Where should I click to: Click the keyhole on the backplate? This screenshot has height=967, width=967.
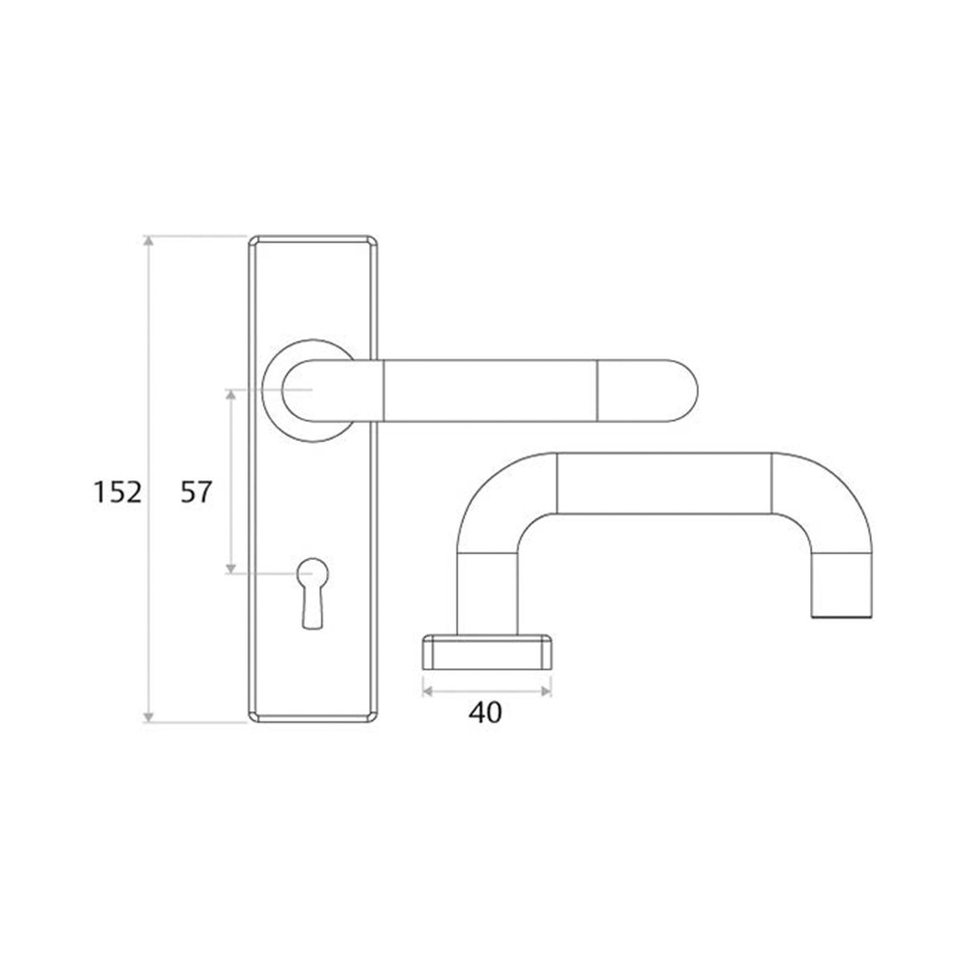click(313, 592)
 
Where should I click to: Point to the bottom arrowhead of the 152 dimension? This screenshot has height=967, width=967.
click(148, 717)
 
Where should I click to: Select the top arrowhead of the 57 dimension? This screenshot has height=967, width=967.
click(230, 394)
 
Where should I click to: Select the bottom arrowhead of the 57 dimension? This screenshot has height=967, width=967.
click(230, 567)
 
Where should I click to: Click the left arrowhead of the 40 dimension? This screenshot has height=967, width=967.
click(428, 691)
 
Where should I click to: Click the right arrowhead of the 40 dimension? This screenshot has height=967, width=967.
click(546, 691)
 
